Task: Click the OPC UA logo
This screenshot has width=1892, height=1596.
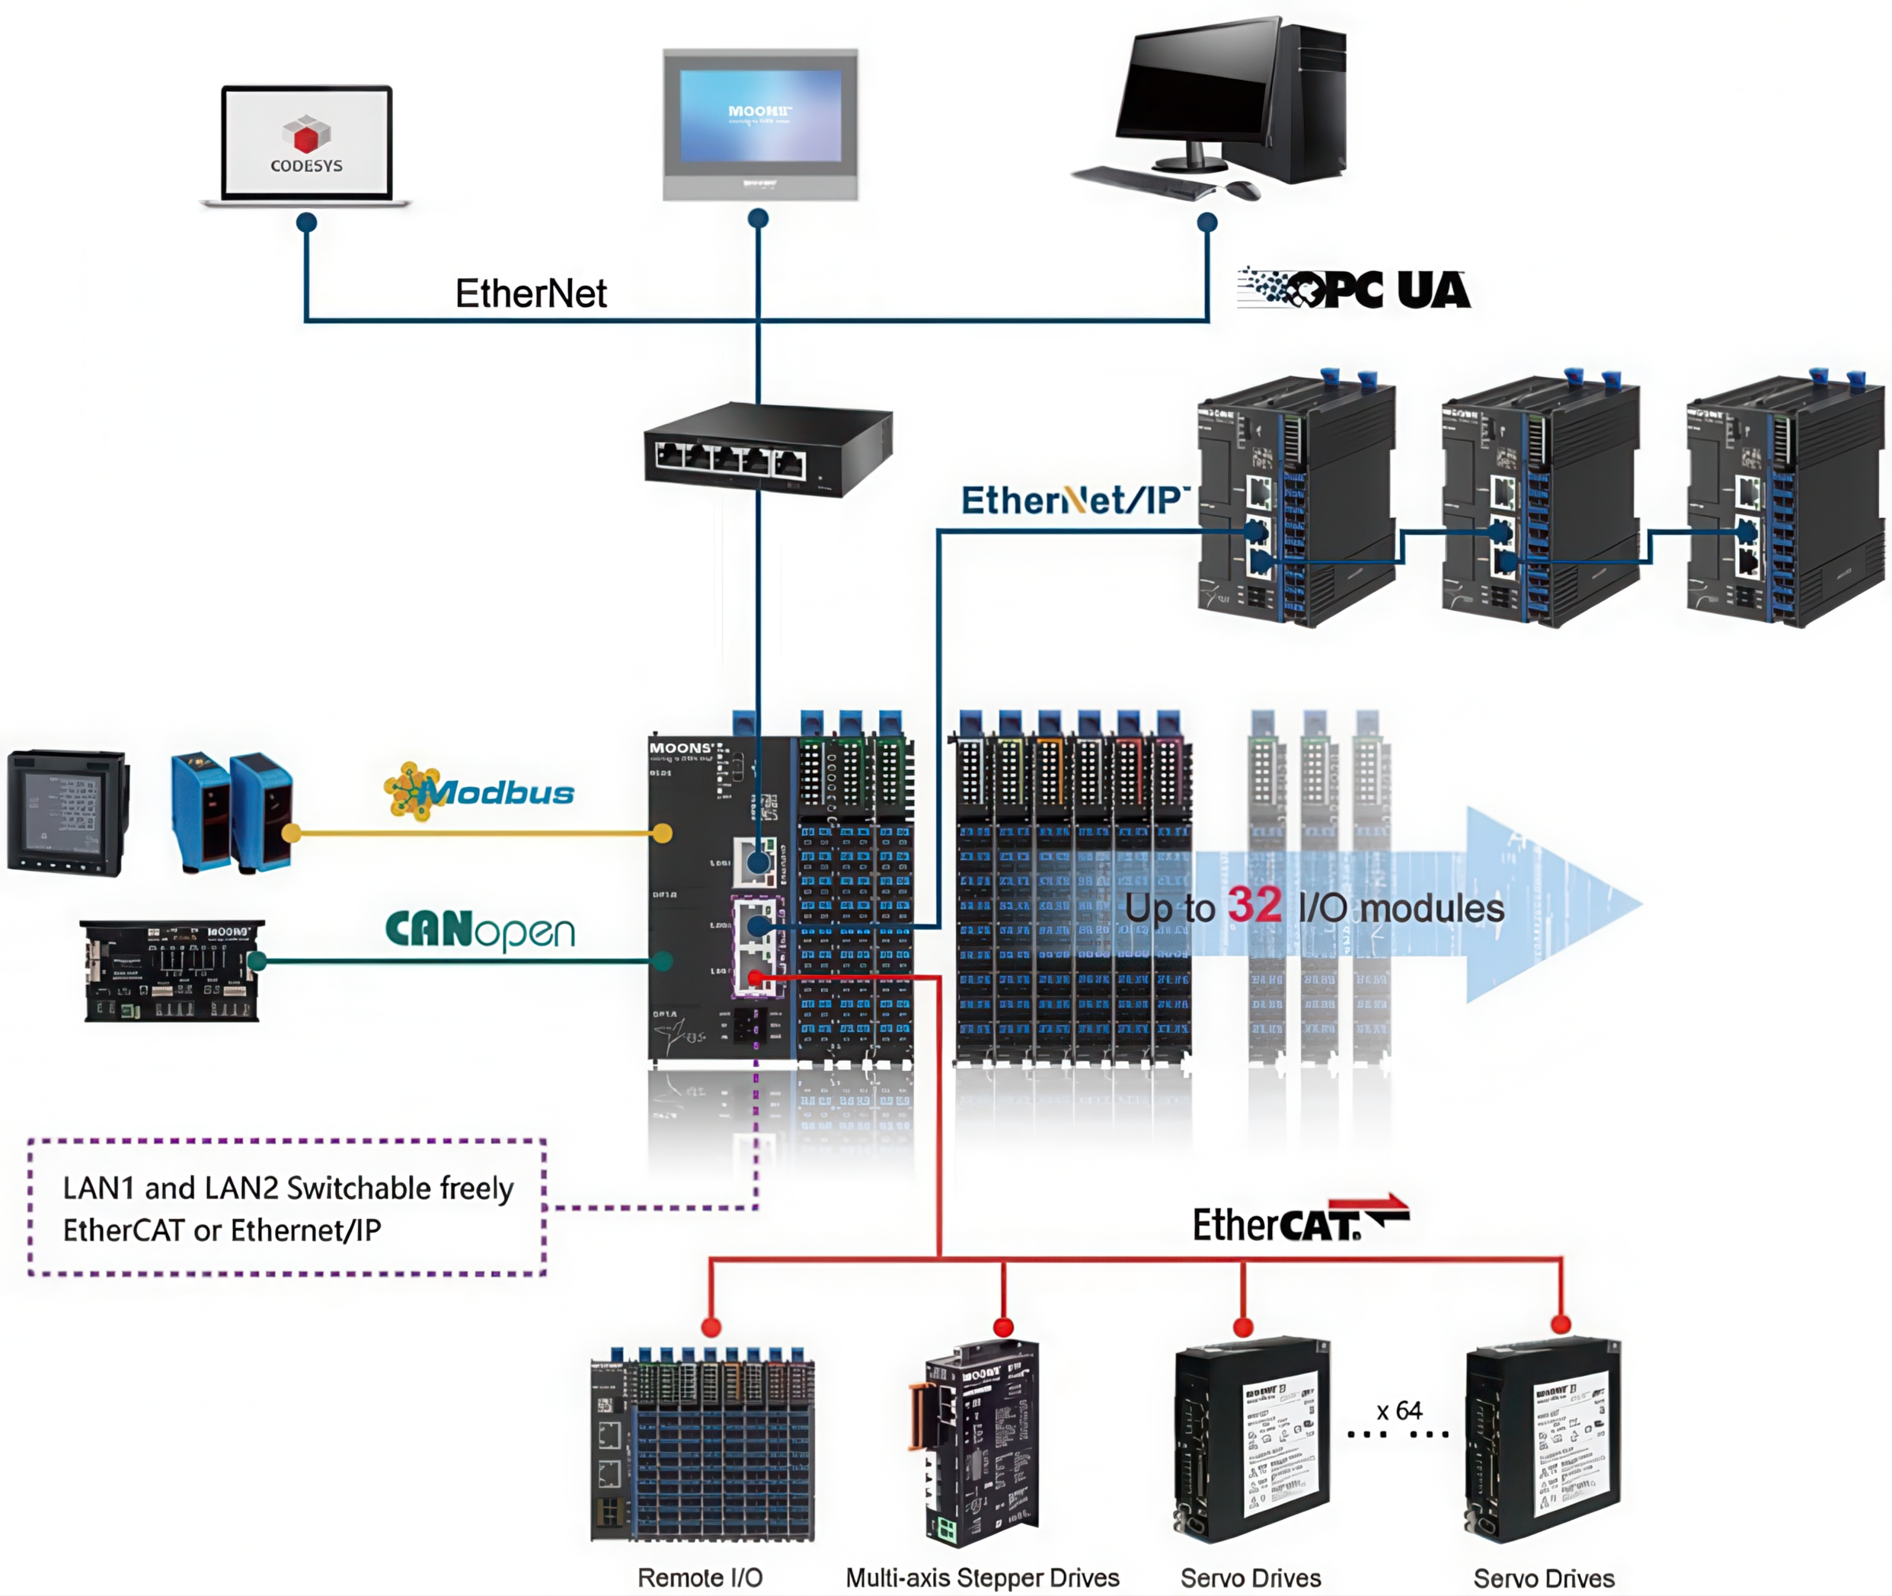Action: (1354, 290)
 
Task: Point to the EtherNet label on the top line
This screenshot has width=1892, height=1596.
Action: (530, 294)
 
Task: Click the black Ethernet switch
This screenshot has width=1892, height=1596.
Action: (767, 449)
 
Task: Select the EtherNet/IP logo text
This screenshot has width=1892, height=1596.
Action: (1072, 501)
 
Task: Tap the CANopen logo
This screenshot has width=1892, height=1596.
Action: (480, 930)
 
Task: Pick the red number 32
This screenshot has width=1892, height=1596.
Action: (1254, 906)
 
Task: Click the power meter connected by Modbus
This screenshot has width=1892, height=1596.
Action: (67, 811)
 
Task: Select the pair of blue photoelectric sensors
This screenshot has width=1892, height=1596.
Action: (231, 811)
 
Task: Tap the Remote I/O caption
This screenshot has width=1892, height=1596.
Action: (700, 1577)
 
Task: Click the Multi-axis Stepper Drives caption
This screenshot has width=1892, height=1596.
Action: (982, 1577)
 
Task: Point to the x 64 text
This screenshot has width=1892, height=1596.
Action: (1399, 1411)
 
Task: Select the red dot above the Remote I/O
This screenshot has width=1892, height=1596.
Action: (711, 1327)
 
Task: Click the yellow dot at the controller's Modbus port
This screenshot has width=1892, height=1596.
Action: (662, 833)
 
